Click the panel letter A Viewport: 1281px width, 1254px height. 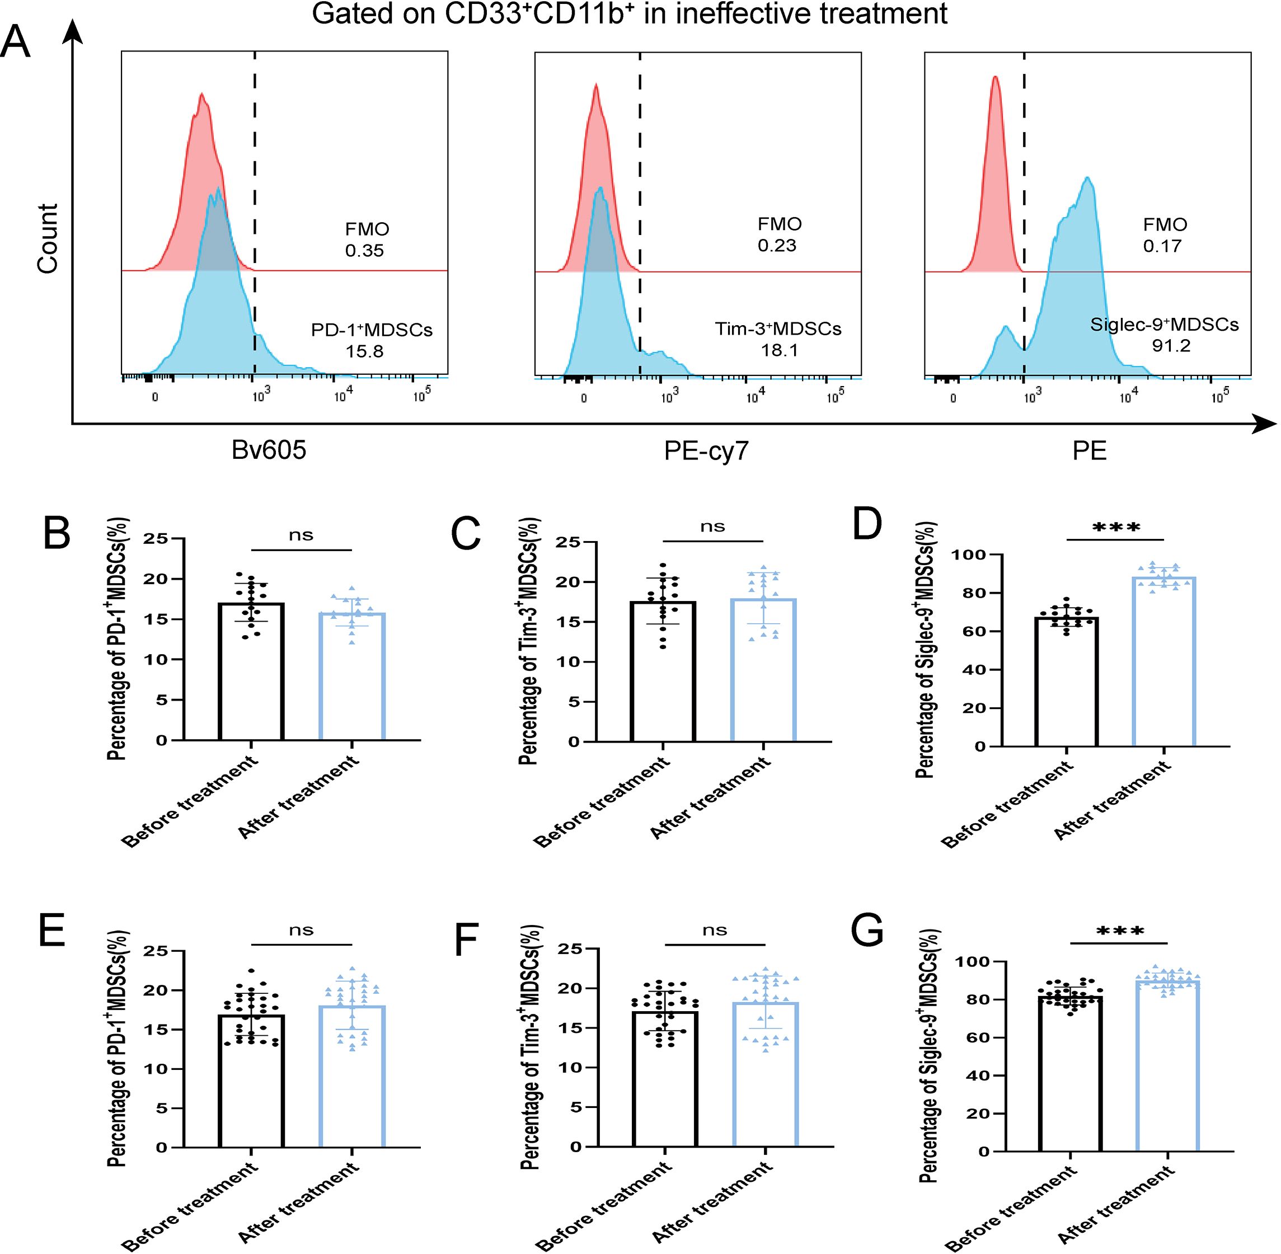tap(16, 44)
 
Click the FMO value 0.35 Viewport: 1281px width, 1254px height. tap(364, 251)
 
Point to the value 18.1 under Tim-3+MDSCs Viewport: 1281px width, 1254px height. tap(779, 350)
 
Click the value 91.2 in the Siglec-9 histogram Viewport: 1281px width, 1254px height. tap(1171, 346)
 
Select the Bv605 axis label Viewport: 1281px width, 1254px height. tap(269, 450)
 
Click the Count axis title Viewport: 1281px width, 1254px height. tap(48, 238)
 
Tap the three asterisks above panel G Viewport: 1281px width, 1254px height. tap(1120, 931)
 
